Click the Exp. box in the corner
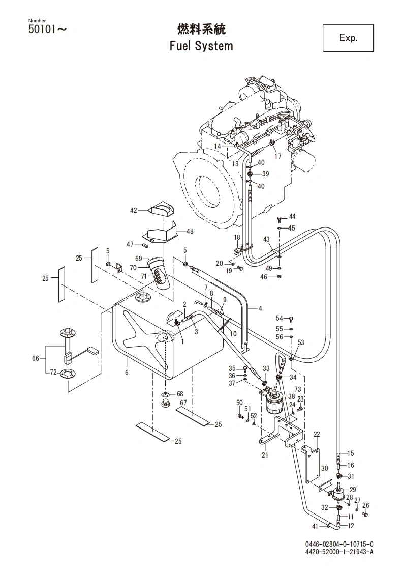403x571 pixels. coord(348,38)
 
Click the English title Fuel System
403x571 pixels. coord(201,46)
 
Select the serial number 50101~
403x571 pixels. coord(46,30)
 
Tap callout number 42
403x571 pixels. coord(134,210)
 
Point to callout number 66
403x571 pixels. coord(35,358)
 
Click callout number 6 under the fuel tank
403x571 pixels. coord(127,373)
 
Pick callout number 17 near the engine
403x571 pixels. coord(278,157)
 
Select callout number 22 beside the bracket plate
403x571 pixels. coord(317,434)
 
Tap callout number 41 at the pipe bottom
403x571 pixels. coord(315,526)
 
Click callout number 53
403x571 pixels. coord(301,343)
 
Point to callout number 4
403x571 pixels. coord(260,308)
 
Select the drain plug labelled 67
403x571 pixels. coord(166,405)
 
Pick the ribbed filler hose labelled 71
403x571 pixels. coord(159,277)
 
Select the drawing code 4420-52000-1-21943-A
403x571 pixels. coord(339,552)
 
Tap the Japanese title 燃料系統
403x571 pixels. coord(201,28)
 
